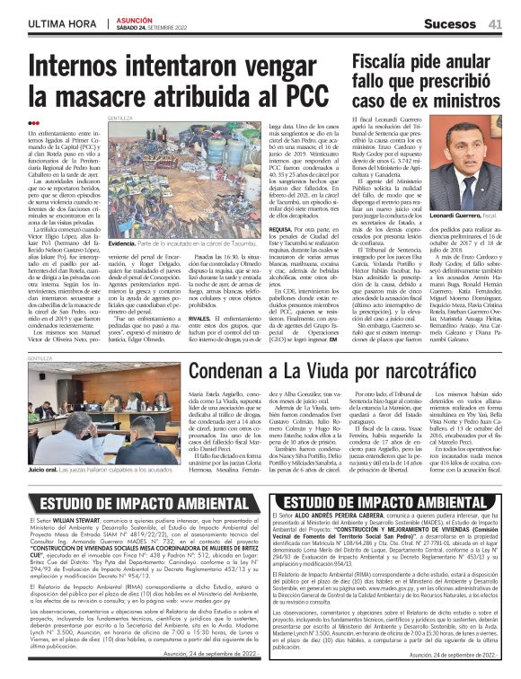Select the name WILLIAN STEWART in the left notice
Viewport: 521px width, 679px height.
click(x=76, y=521)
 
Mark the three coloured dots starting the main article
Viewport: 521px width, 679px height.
click(x=34, y=123)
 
